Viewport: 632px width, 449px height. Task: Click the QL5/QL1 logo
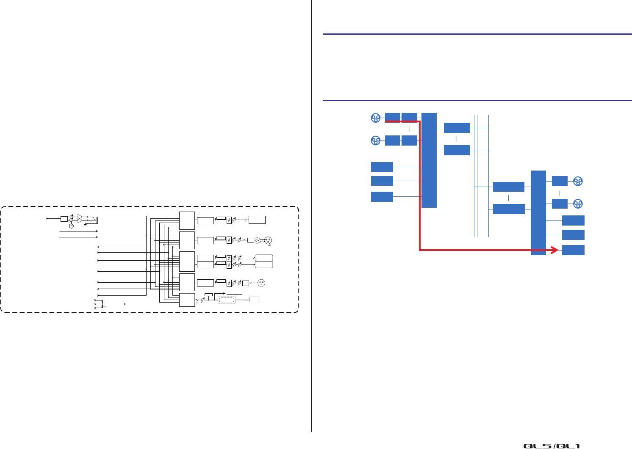pos(552,446)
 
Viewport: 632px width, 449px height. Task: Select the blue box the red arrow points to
pos(573,250)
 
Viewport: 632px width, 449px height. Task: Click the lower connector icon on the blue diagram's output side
pos(578,204)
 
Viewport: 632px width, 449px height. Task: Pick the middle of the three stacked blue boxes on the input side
pos(382,181)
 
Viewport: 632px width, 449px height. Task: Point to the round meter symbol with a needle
pos(71,226)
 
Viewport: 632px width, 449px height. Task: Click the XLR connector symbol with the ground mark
pos(268,240)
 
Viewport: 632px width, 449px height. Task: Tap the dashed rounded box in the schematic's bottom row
pos(232,300)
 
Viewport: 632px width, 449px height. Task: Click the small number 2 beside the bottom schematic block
pos(197,303)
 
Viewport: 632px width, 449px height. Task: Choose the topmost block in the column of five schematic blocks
pos(187,220)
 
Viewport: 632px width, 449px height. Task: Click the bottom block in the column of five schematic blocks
pos(187,300)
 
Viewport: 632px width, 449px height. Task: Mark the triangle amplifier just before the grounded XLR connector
pos(258,240)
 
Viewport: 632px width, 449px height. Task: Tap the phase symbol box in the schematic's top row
pos(229,220)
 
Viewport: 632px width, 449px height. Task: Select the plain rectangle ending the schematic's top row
pos(257,220)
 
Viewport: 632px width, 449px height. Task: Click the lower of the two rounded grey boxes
pos(264,264)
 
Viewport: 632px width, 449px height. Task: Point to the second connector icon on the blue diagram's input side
pos(375,140)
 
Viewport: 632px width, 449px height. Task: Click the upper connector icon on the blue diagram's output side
pos(578,182)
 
